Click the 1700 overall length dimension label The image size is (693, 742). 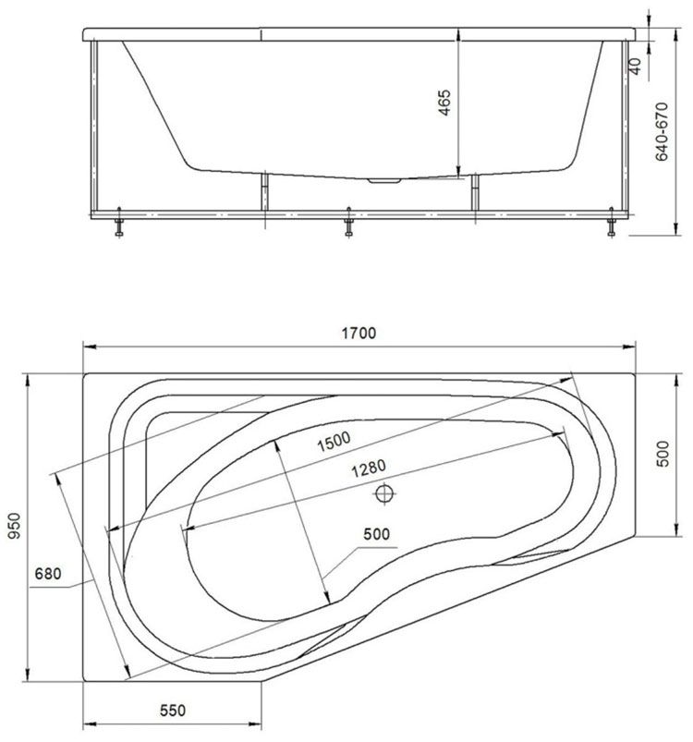359,334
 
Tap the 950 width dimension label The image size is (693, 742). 15,526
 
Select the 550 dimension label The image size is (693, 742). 173,711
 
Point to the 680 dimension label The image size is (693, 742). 48,574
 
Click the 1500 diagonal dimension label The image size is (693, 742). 334,441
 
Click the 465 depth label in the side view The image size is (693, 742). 444,103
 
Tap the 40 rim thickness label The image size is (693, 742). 636,66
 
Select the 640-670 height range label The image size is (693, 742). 662,131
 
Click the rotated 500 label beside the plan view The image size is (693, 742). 663,454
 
